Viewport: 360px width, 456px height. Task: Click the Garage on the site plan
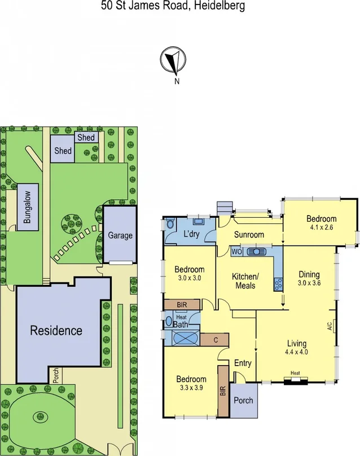click(x=120, y=235)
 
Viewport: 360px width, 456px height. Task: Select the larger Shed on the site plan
click(x=62, y=151)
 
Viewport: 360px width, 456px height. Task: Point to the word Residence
click(x=56, y=330)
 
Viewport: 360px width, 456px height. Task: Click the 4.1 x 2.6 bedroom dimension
click(x=322, y=228)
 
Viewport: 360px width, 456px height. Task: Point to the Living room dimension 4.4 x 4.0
click(x=297, y=352)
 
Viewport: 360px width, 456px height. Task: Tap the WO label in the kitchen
click(x=236, y=252)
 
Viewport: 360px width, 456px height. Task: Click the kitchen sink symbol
click(x=259, y=252)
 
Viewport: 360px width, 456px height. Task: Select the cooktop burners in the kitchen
click(x=278, y=284)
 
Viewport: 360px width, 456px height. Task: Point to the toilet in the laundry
click(x=171, y=225)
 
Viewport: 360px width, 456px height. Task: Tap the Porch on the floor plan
click(x=243, y=400)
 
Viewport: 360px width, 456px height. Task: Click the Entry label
click(x=243, y=363)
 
